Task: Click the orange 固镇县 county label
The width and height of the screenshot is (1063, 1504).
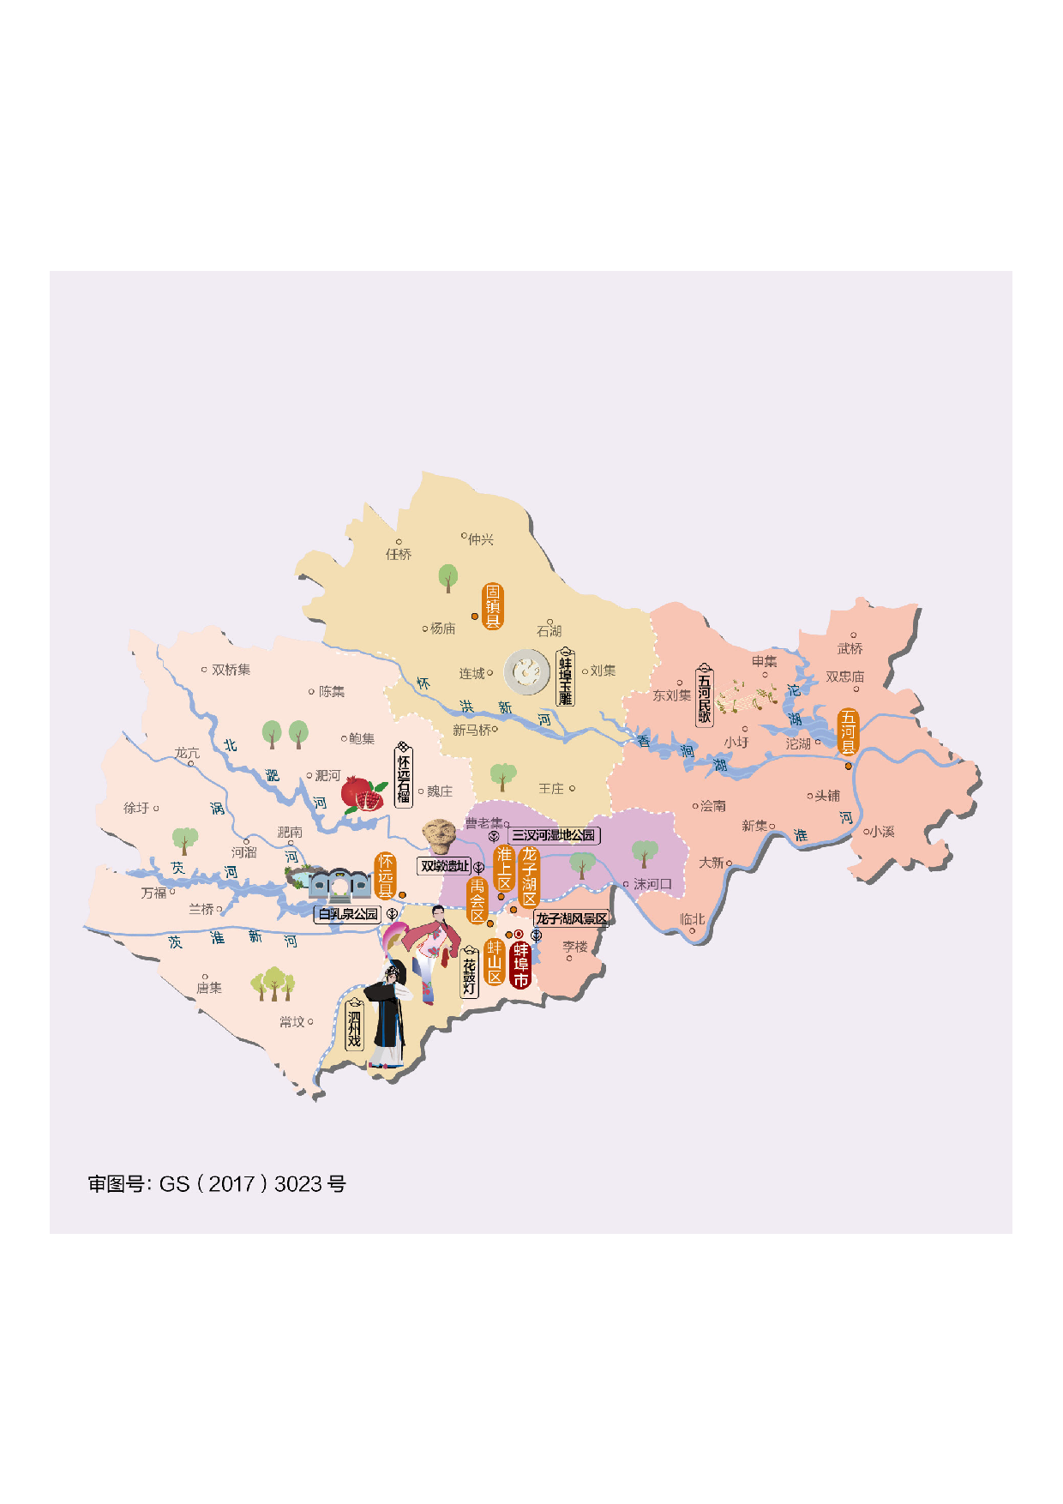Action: click(x=493, y=606)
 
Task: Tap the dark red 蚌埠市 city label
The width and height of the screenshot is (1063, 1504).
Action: click(x=520, y=965)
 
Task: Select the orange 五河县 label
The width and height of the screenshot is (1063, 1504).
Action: click(x=848, y=732)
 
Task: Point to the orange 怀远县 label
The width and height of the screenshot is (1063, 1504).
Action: click(x=386, y=875)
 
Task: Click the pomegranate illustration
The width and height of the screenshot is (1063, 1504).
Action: click(x=362, y=794)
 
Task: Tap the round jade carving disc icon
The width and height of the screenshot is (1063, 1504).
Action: click(x=526, y=671)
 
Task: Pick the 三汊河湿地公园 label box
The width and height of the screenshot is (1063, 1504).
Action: click(x=553, y=834)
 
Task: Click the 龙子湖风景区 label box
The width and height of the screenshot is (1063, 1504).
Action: click(x=571, y=918)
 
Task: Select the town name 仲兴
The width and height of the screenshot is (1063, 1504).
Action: click(x=480, y=539)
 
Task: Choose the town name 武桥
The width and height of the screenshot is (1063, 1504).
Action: click(x=850, y=648)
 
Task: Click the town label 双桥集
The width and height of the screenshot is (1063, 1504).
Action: click(x=231, y=670)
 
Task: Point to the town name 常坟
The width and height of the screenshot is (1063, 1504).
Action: click(x=291, y=1022)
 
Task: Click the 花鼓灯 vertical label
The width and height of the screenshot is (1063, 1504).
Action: click(x=469, y=972)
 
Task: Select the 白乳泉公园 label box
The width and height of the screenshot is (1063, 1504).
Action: click(x=348, y=914)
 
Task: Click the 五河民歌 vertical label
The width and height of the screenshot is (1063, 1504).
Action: click(x=704, y=694)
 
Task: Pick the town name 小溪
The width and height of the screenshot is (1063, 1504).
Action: click(x=883, y=831)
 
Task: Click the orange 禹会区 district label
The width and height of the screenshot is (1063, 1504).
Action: click(x=477, y=900)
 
